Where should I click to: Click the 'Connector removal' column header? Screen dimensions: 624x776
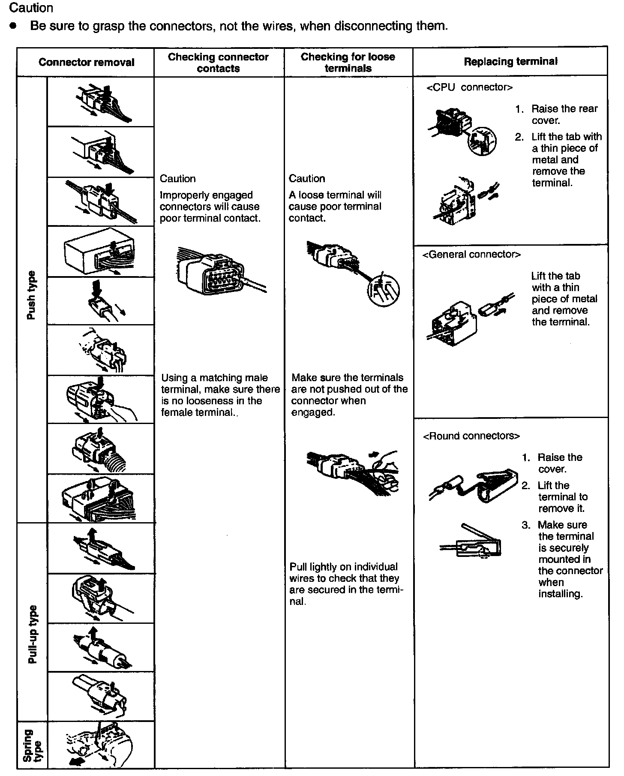(x=86, y=62)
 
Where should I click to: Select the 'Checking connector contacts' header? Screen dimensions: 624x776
(x=218, y=63)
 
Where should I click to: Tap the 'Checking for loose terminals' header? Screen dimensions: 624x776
(x=348, y=63)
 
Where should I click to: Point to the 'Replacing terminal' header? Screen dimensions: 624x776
(x=510, y=61)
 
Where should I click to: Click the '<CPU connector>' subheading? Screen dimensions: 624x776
(x=469, y=87)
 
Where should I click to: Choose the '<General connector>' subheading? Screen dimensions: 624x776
(x=471, y=254)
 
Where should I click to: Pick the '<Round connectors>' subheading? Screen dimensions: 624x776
(x=471, y=436)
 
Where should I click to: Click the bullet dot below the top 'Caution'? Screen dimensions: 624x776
(x=14, y=26)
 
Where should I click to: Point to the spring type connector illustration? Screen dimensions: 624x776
(x=101, y=746)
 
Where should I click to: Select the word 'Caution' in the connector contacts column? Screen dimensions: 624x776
(x=177, y=179)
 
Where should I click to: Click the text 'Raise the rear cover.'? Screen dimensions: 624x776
(x=564, y=114)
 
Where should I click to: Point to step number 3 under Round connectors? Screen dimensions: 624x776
(x=526, y=525)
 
